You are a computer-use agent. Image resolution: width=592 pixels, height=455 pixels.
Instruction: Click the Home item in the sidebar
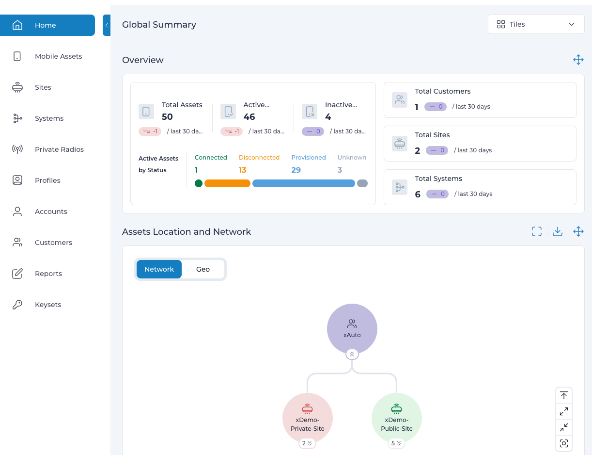point(47,25)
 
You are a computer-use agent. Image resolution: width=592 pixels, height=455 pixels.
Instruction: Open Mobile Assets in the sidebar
point(47,56)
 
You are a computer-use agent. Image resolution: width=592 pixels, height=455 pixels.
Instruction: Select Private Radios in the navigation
point(47,149)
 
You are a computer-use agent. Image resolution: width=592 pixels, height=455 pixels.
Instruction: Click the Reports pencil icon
point(17,274)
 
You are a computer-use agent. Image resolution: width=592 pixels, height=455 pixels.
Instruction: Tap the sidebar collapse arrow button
point(107,25)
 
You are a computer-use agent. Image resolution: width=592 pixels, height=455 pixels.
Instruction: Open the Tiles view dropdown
point(536,24)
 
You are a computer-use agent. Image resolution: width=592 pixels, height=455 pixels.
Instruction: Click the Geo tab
point(203,269)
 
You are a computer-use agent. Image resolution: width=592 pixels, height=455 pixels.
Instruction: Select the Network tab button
point(159,269)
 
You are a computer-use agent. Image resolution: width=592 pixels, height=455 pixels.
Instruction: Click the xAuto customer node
point(352,329)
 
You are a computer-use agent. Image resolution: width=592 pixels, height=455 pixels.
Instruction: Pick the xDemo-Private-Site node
point(307,418)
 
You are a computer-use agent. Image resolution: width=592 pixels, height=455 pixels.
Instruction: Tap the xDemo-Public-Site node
point(397,418)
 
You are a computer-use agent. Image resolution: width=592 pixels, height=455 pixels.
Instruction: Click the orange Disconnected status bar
point(227,183)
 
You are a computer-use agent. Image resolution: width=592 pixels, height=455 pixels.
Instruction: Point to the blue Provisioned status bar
point(303,183)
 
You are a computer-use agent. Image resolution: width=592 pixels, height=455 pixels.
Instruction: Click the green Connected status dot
point(199,183)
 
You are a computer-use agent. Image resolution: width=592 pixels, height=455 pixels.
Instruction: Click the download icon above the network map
point(558,231)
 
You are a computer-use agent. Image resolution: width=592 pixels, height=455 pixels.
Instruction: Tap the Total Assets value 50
point(167,117)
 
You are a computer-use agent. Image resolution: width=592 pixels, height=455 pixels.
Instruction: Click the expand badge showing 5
point(396,443)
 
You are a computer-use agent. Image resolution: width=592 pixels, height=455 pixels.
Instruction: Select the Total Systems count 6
point(418,194)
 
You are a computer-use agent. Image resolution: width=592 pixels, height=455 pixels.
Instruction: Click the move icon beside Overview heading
point(578,60)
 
